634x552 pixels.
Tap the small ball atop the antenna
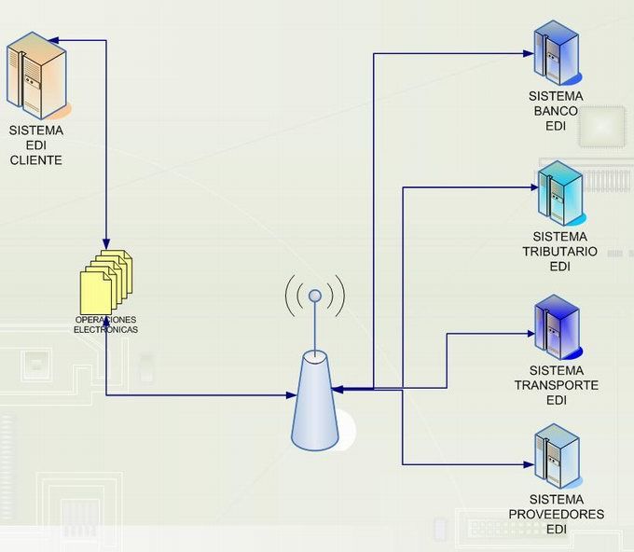tap(315, 296)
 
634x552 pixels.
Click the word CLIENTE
tap(35, 160)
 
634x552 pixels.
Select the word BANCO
tap(556, 111)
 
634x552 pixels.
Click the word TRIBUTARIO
tap(559, 252)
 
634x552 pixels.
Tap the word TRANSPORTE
tap(557, 385)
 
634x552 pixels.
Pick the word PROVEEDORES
tap(557, 514)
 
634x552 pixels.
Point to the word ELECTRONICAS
tap(106, 330)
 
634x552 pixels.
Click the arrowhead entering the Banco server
tap(532, 53)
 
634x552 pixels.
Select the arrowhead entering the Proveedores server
tap(532, 463)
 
